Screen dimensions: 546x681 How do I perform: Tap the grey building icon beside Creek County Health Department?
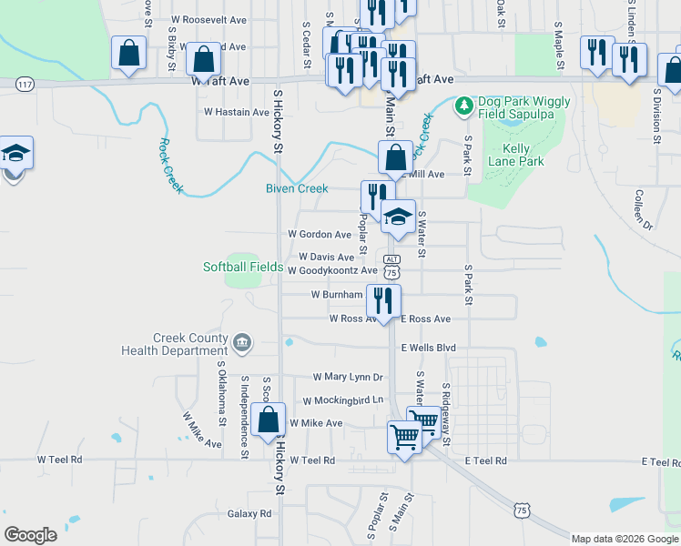(x=241, y=342)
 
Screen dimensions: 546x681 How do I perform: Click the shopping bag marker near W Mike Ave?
(x=269, y=420)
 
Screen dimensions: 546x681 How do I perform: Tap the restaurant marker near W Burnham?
(x=383, y=299)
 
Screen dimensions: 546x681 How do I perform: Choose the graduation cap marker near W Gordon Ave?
(x=398, y=217)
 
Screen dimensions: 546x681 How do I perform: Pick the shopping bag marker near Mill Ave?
(x=395, y=158)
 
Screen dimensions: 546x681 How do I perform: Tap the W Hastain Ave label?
(x=237, y=112)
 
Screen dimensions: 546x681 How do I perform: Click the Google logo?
(x=30, y=535)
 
